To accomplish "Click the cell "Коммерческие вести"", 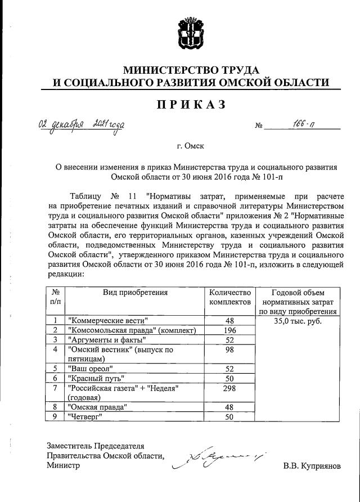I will (105, 320).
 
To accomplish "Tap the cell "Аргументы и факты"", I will (106, 340).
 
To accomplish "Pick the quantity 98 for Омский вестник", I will (229, 350).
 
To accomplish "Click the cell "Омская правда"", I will (97, 407).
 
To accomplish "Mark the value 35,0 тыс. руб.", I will (296, 320).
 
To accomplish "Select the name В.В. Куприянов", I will (312, 466).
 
